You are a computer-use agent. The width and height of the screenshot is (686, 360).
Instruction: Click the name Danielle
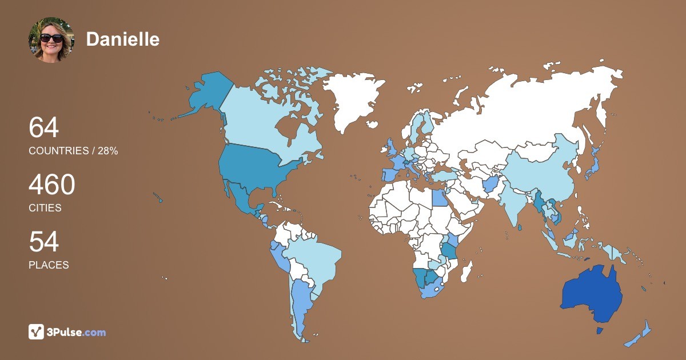[122, 39]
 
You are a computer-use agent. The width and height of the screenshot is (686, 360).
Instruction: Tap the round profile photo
[51, 39]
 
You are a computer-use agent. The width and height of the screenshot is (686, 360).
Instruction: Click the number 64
[44, 127]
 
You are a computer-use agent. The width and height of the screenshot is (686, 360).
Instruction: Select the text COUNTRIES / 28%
[73, 151]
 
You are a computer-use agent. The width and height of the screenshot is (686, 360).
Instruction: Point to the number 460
[52, 185]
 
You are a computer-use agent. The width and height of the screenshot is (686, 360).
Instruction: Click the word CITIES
[45, 208]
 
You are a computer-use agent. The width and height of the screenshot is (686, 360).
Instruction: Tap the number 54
[44, 242]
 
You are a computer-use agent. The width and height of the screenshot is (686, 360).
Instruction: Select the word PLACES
[49, 265]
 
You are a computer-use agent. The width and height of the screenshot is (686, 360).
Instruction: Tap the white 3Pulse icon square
[37, 332]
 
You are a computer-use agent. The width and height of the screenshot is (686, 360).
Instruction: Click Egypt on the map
[440, 198]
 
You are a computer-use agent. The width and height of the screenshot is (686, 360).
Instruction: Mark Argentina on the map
[301, 303]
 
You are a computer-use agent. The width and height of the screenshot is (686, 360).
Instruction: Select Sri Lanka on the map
[520, 227]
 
